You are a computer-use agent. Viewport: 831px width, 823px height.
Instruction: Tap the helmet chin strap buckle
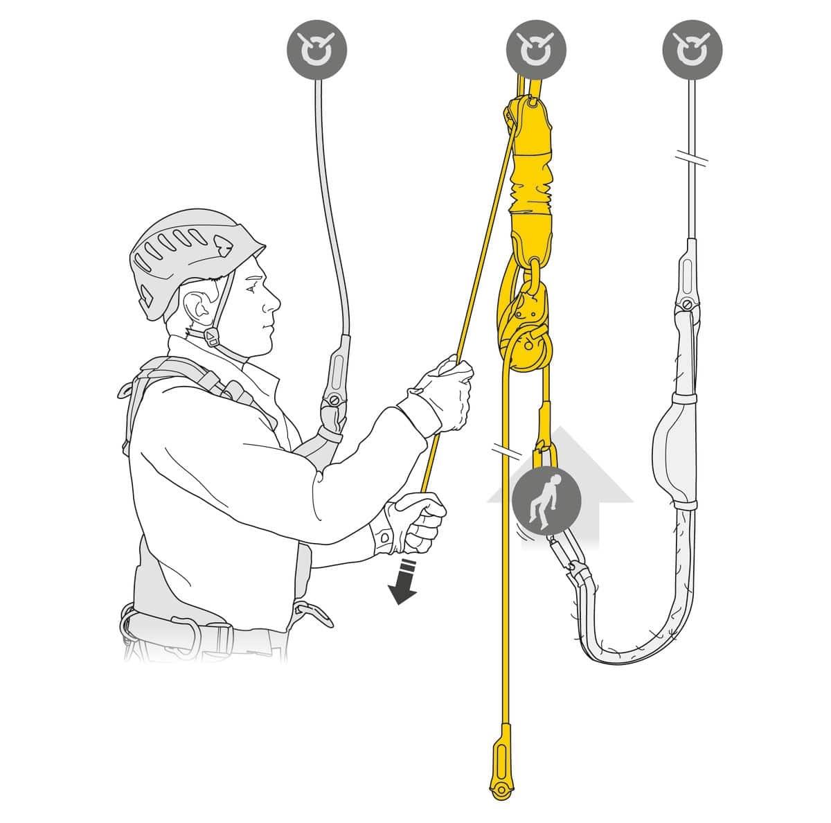(x=211, y=337)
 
